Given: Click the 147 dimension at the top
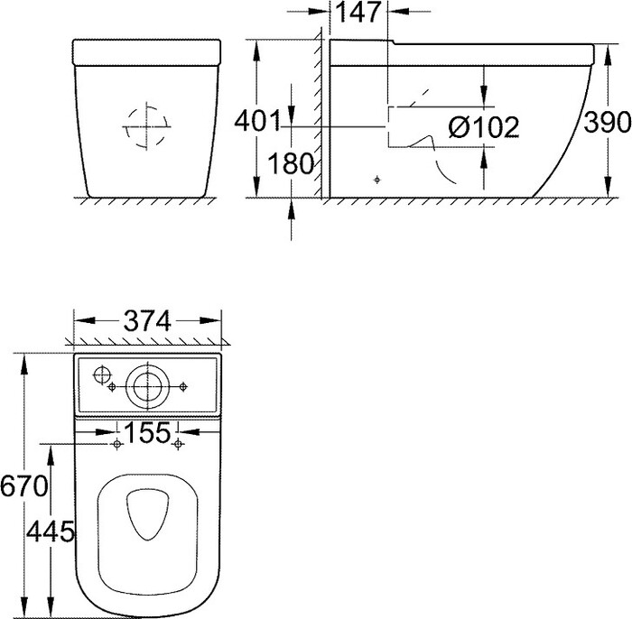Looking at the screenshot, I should pyautogui.click(x=360, y=12).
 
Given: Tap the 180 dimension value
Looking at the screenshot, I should pyautogui.click(x=290, y=164).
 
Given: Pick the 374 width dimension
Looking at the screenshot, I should pyautogui.click(x=147, y=321).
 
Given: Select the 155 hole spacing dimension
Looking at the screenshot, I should pyautogui.click(x=147, y=433).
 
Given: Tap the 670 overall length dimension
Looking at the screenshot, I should pyautogui.click(x=23, y=488).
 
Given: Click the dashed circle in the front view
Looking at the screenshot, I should pyautogui.click(x=147, y=126).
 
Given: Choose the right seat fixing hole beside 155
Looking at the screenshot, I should pyautogui.click(x=178, y=444).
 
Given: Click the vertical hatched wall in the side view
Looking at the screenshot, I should pyautogui.click(x=320, y=117).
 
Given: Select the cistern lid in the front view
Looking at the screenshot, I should pyautogui.click(x=147, y=51).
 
